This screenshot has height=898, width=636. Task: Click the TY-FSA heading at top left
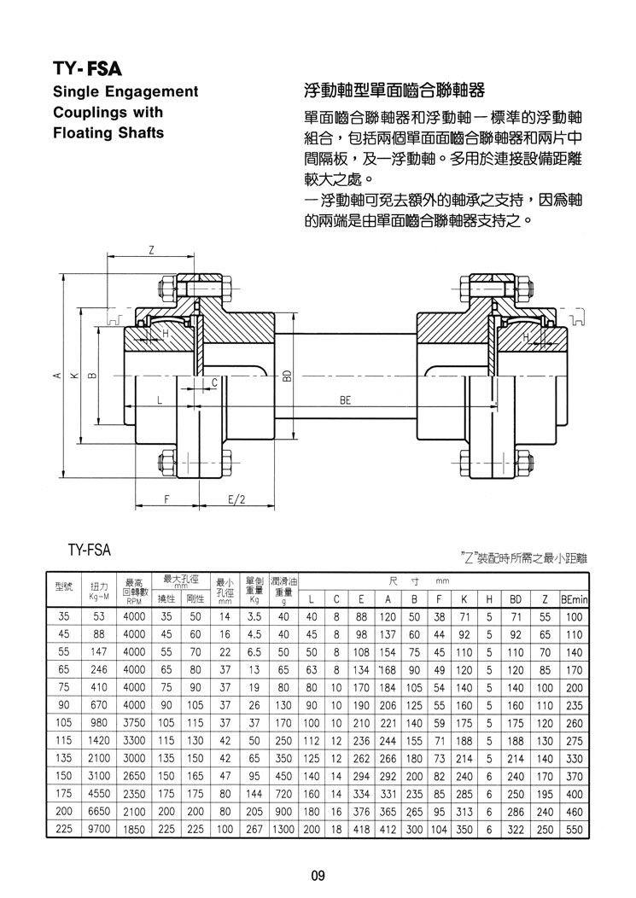pyautogui.click(x=87, y=69)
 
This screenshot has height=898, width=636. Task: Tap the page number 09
pyautogui.click(x=318, y=876)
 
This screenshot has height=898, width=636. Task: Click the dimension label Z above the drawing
pyautogui.click(x=151, y=250)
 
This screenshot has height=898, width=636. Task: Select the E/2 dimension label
pyautogui.click(x=236, y=499)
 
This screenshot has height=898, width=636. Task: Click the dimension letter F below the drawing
pyautogui.click(x=166, y=499)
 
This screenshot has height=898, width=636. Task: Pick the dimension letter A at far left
pyautogui.click(x=56, y=376)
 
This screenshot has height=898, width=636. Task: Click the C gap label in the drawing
pyautogui.click(x=214, y=382)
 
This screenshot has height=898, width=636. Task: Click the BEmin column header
pyautogui.click(x=574, y=599)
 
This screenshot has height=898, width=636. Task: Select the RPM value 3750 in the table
pyautogui.click(x=134, y=723)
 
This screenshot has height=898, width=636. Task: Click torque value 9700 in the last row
pyautogui.click(x=99, y=829)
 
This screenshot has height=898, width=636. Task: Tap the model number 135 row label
pyautogui.click(x=63, y=758)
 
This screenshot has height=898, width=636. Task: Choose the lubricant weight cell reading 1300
pyautogui.click(x=283, y=829)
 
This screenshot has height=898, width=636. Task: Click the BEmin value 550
pyautogui.click(x=574, y=829)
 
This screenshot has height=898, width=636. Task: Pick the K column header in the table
pyautogui.click(x=464, y=599)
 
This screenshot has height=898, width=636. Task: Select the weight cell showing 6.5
pyautogui.click(x=254, y=652)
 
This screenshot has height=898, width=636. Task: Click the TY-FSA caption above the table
pyautogui.click(x=90, y=551)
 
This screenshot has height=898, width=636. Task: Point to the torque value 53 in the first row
pyautogui.click(x=99, y=617)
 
